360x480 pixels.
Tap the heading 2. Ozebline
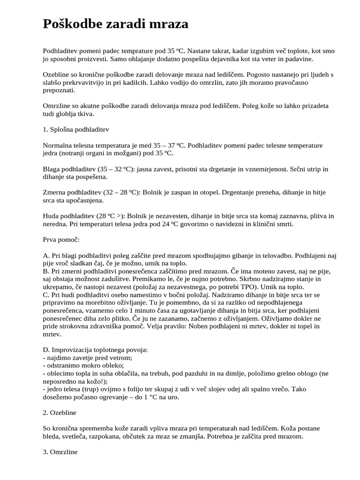(x=59, y=412)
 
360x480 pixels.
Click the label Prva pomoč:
(x=61, y=240)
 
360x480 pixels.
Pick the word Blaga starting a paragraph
(x=52, y=169)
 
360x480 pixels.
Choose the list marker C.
(x=45, y=294)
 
